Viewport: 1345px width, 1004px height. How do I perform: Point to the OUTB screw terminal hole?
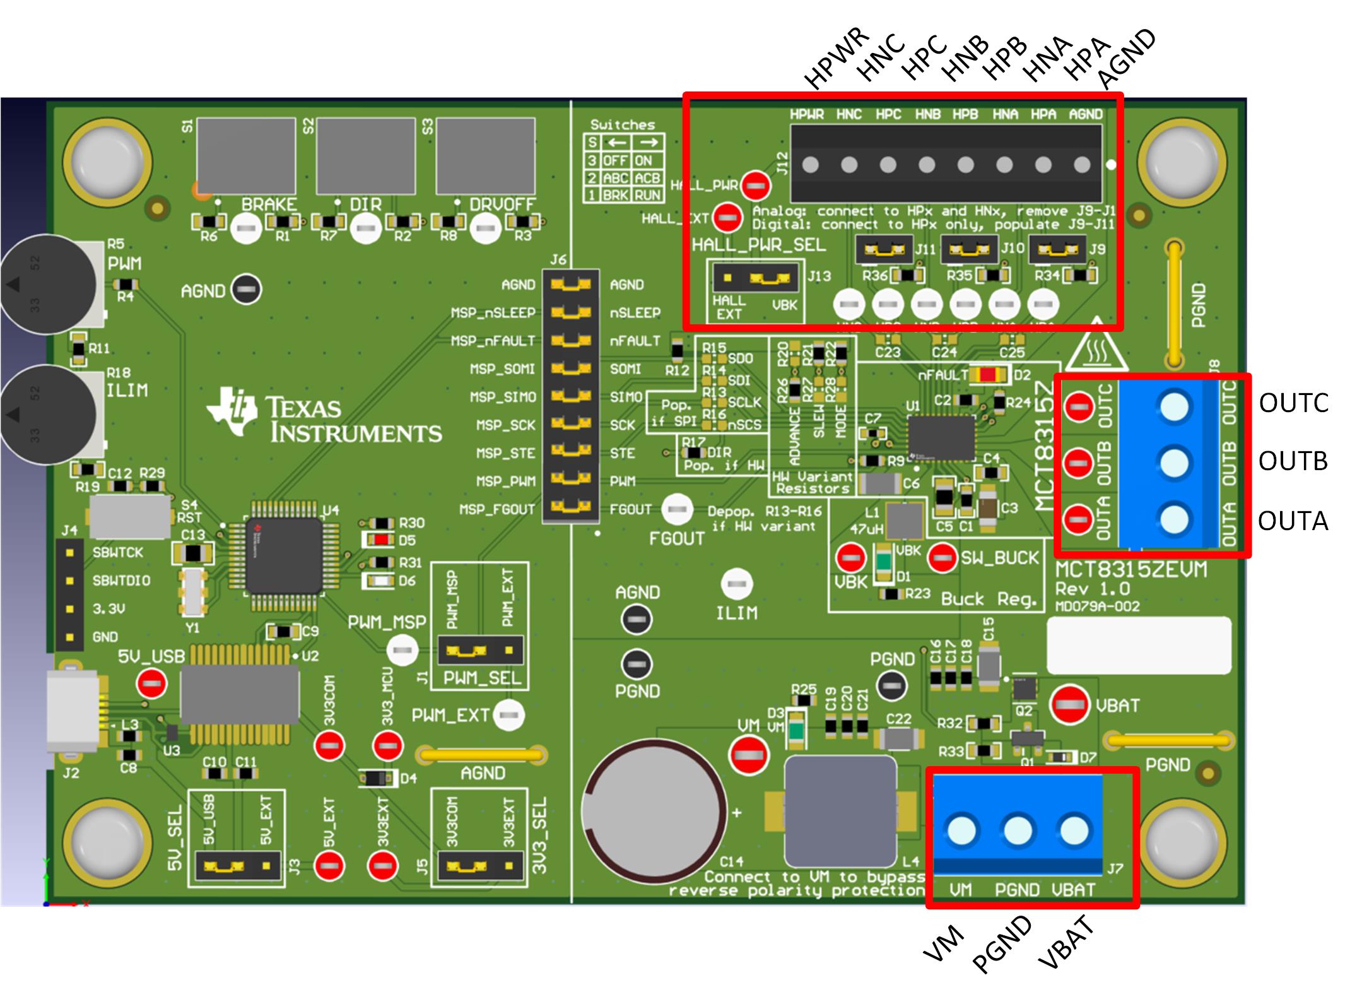click(x=1173, y=463)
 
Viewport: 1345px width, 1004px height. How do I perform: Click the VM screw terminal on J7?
click(x=961, y=830)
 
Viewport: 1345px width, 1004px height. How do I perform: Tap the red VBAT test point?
click(x=1069, y=704)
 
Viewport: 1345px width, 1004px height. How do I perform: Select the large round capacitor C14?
click(x=654, y=812)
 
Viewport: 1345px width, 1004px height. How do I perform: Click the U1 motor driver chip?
click(x=942, y=437)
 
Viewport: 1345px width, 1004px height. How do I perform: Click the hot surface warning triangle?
click(x=1096, y=346)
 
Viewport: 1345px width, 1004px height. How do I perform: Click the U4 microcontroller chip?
click(x=284, y=555)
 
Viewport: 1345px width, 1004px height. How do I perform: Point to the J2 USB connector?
click(x=73, y=712)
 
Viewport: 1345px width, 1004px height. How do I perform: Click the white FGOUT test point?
click(x=677, y=509)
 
